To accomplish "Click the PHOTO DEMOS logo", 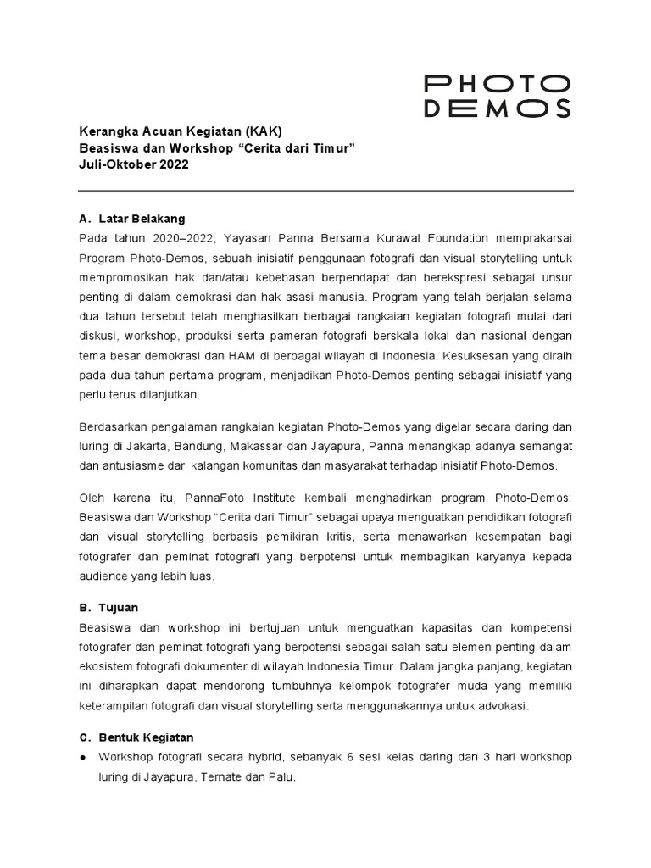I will click(x=497, y=96).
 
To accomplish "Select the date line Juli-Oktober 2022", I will click(x=134, y=164).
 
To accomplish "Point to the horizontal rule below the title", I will click(x=325, y=191).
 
